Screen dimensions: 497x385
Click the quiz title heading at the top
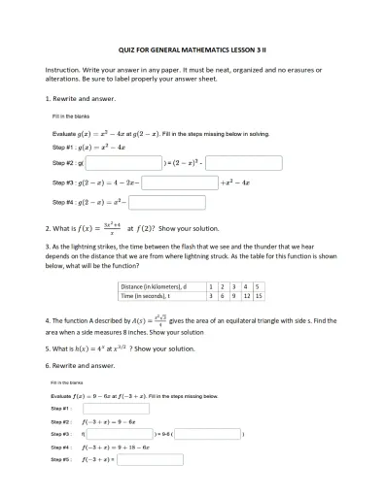[192, 48]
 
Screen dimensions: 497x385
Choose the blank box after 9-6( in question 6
[206, 435]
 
